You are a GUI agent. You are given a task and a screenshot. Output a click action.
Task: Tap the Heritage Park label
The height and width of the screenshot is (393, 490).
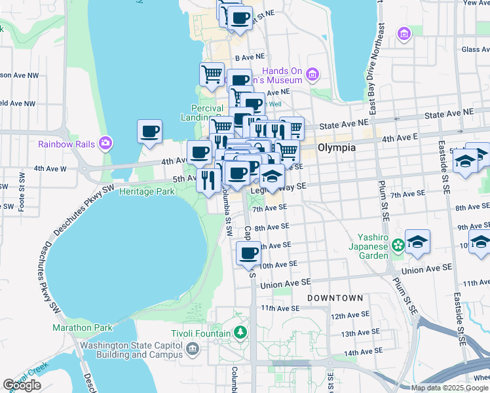pyautogui.click(x=152, y=191)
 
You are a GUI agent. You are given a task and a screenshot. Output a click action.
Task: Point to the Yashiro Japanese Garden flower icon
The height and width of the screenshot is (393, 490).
pyautogui.click(x=397, y=246)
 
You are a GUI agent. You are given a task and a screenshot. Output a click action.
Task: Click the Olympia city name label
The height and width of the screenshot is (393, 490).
pyautogui.click(x=336, y=148)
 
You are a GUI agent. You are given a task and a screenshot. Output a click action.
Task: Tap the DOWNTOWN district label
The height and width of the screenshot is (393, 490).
pyautogui.click(x=335, y=298)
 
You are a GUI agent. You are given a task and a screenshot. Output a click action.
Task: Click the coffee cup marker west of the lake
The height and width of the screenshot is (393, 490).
pyautogui.click(x=150, y=131)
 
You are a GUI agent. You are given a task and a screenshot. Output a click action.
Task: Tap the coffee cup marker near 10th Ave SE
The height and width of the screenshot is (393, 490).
pyautogui.click(x=248, y=253)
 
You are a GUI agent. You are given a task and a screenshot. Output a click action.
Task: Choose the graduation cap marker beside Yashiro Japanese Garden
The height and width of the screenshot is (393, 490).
pyautogui.click(x=417, y=242)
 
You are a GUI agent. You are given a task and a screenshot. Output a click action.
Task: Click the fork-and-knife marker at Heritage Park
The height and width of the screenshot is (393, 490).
pyautogui.click(x=208, y=179)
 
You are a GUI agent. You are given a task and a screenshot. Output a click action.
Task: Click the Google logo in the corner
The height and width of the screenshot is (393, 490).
pyautogui.click(x=22, y=385)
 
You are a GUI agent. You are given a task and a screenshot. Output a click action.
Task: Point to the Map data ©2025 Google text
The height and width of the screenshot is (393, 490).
pyautogui.click(x=449, y=388)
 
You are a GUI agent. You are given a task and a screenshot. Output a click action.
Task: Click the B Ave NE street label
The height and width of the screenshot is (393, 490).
pyautogui.click(x=250, y=58)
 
